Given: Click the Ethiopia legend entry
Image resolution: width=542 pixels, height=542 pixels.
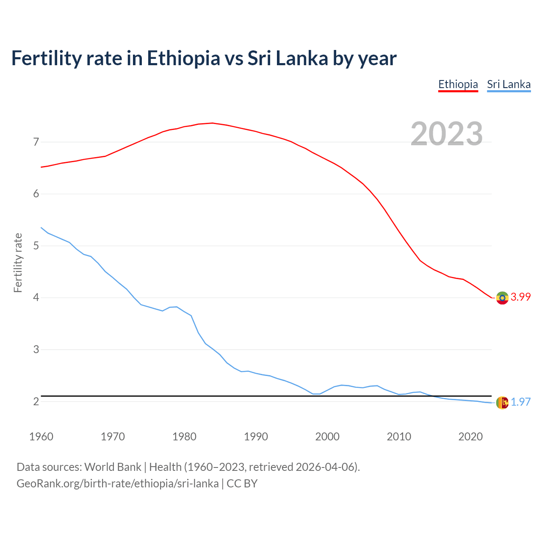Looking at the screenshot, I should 458,84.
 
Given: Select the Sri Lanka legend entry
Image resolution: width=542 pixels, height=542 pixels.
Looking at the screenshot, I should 509,84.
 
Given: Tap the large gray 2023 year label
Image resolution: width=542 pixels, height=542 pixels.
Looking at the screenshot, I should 447,134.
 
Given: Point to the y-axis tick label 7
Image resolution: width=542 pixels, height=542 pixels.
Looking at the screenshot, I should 36,142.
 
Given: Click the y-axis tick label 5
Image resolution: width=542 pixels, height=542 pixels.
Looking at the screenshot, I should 36,246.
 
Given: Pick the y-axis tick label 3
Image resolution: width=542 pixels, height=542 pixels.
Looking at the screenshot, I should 36,349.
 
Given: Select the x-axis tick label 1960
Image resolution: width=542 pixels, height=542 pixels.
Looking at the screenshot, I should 41,437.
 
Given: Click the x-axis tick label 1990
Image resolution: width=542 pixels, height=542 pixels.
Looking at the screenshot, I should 256,437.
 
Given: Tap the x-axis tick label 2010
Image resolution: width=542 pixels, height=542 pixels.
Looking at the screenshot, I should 399,437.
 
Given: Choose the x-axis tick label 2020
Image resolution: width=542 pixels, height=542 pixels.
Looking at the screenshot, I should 470,437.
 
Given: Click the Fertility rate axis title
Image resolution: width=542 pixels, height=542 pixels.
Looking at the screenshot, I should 18,263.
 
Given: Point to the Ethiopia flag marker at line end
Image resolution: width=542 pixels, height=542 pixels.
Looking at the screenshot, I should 502,298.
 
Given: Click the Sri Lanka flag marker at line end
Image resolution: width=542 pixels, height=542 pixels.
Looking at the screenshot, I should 502,403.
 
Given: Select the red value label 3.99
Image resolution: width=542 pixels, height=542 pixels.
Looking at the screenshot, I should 520,297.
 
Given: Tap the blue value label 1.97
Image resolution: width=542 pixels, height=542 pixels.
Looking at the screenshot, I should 520,402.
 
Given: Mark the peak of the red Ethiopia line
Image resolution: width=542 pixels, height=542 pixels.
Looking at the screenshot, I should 212,123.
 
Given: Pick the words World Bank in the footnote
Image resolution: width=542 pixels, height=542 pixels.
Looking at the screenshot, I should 113,467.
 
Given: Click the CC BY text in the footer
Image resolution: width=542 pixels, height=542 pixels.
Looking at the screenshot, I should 242,484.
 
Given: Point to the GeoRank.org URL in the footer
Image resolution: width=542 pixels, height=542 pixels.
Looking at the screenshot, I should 117,484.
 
